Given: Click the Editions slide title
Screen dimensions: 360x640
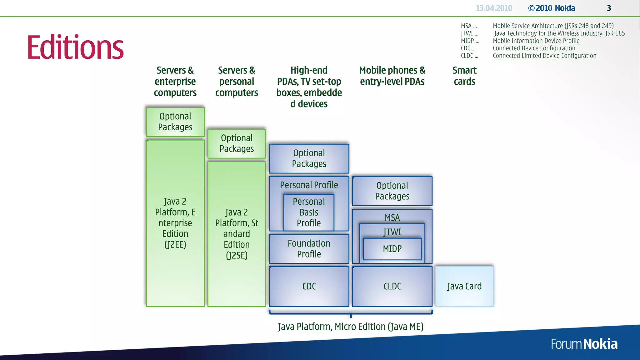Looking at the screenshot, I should (x=75, y=47).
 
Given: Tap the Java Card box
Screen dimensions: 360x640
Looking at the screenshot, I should (x=464, y=286).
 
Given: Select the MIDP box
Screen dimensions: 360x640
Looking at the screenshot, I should (x=392, y=249).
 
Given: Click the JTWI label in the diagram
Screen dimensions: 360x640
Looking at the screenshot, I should (x=392, y=232).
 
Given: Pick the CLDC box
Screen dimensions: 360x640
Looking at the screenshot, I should (x=392, y=286).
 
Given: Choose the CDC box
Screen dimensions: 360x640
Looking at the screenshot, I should (x=309, y=286).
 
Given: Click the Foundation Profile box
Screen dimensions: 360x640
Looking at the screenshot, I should (x=309, y=249).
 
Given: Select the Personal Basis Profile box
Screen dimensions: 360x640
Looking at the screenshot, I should (x=309, y=212).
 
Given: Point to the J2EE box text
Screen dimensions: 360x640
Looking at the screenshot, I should (x=175, y=223).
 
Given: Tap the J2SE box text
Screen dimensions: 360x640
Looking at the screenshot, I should (x=237, y=234).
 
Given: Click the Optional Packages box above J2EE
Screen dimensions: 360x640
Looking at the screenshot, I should (x=175, y=122).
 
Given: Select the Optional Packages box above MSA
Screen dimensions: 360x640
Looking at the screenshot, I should (x=392, y=191).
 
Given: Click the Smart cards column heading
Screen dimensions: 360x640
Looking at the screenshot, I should (x=464, y=76).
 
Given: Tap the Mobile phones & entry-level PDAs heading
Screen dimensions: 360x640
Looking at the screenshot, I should (x=392, y=76).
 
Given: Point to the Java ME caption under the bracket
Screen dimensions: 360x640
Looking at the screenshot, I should (x=351, y=327).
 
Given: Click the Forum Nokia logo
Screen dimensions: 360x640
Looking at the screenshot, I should (x=584, y=344).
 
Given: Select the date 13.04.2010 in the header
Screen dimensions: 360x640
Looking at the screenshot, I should (x=494, y=8).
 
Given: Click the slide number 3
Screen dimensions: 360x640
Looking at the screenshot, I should (x=609, y=8).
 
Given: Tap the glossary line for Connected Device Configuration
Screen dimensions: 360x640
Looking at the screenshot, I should (x=534, y=48).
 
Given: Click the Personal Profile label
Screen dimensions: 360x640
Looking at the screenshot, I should (x=309, y=185).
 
